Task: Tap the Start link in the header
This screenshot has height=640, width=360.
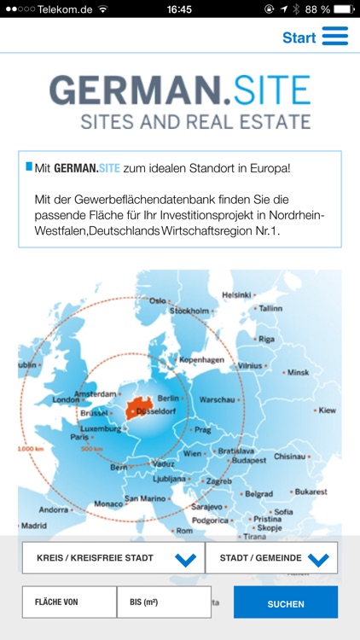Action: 299,38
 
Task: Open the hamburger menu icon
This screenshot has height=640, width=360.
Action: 335,36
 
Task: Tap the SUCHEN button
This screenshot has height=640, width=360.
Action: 286,603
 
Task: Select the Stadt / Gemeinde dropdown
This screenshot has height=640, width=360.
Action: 271,559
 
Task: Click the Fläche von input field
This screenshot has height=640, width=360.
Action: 69,602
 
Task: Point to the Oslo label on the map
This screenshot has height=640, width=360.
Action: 158,300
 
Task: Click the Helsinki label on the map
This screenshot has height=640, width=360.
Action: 237,295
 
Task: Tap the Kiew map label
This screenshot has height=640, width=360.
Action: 328,410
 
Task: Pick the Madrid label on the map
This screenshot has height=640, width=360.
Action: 34,526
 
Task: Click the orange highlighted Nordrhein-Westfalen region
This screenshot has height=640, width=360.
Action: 142,408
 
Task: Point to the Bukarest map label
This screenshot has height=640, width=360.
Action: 311,492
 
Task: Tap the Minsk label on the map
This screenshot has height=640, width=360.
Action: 298,372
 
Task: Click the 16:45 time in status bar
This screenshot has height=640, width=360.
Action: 179,9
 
